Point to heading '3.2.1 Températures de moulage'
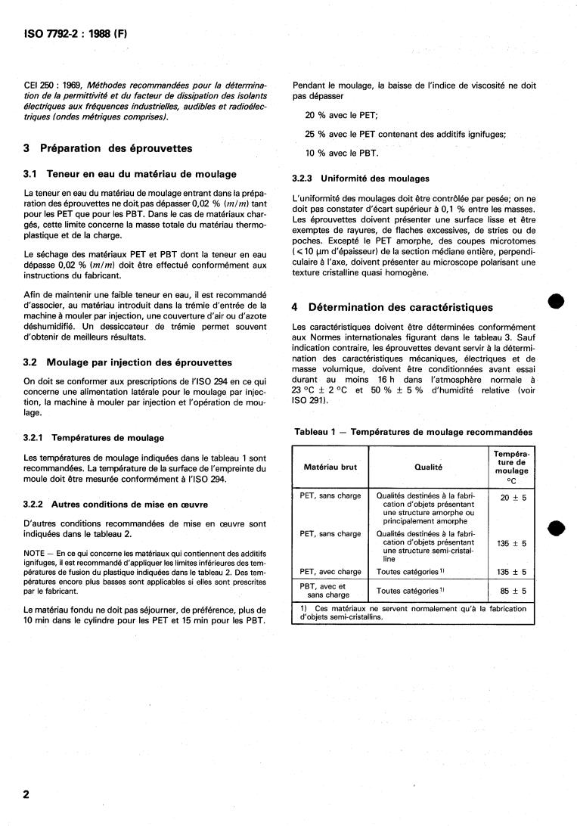coord(94,437)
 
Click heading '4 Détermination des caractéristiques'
coord(392,307)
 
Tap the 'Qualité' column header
coord(428,467)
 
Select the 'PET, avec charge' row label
coord(330,572)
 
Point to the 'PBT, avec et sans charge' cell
coord(323,590)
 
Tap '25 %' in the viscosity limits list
coord(314,134)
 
